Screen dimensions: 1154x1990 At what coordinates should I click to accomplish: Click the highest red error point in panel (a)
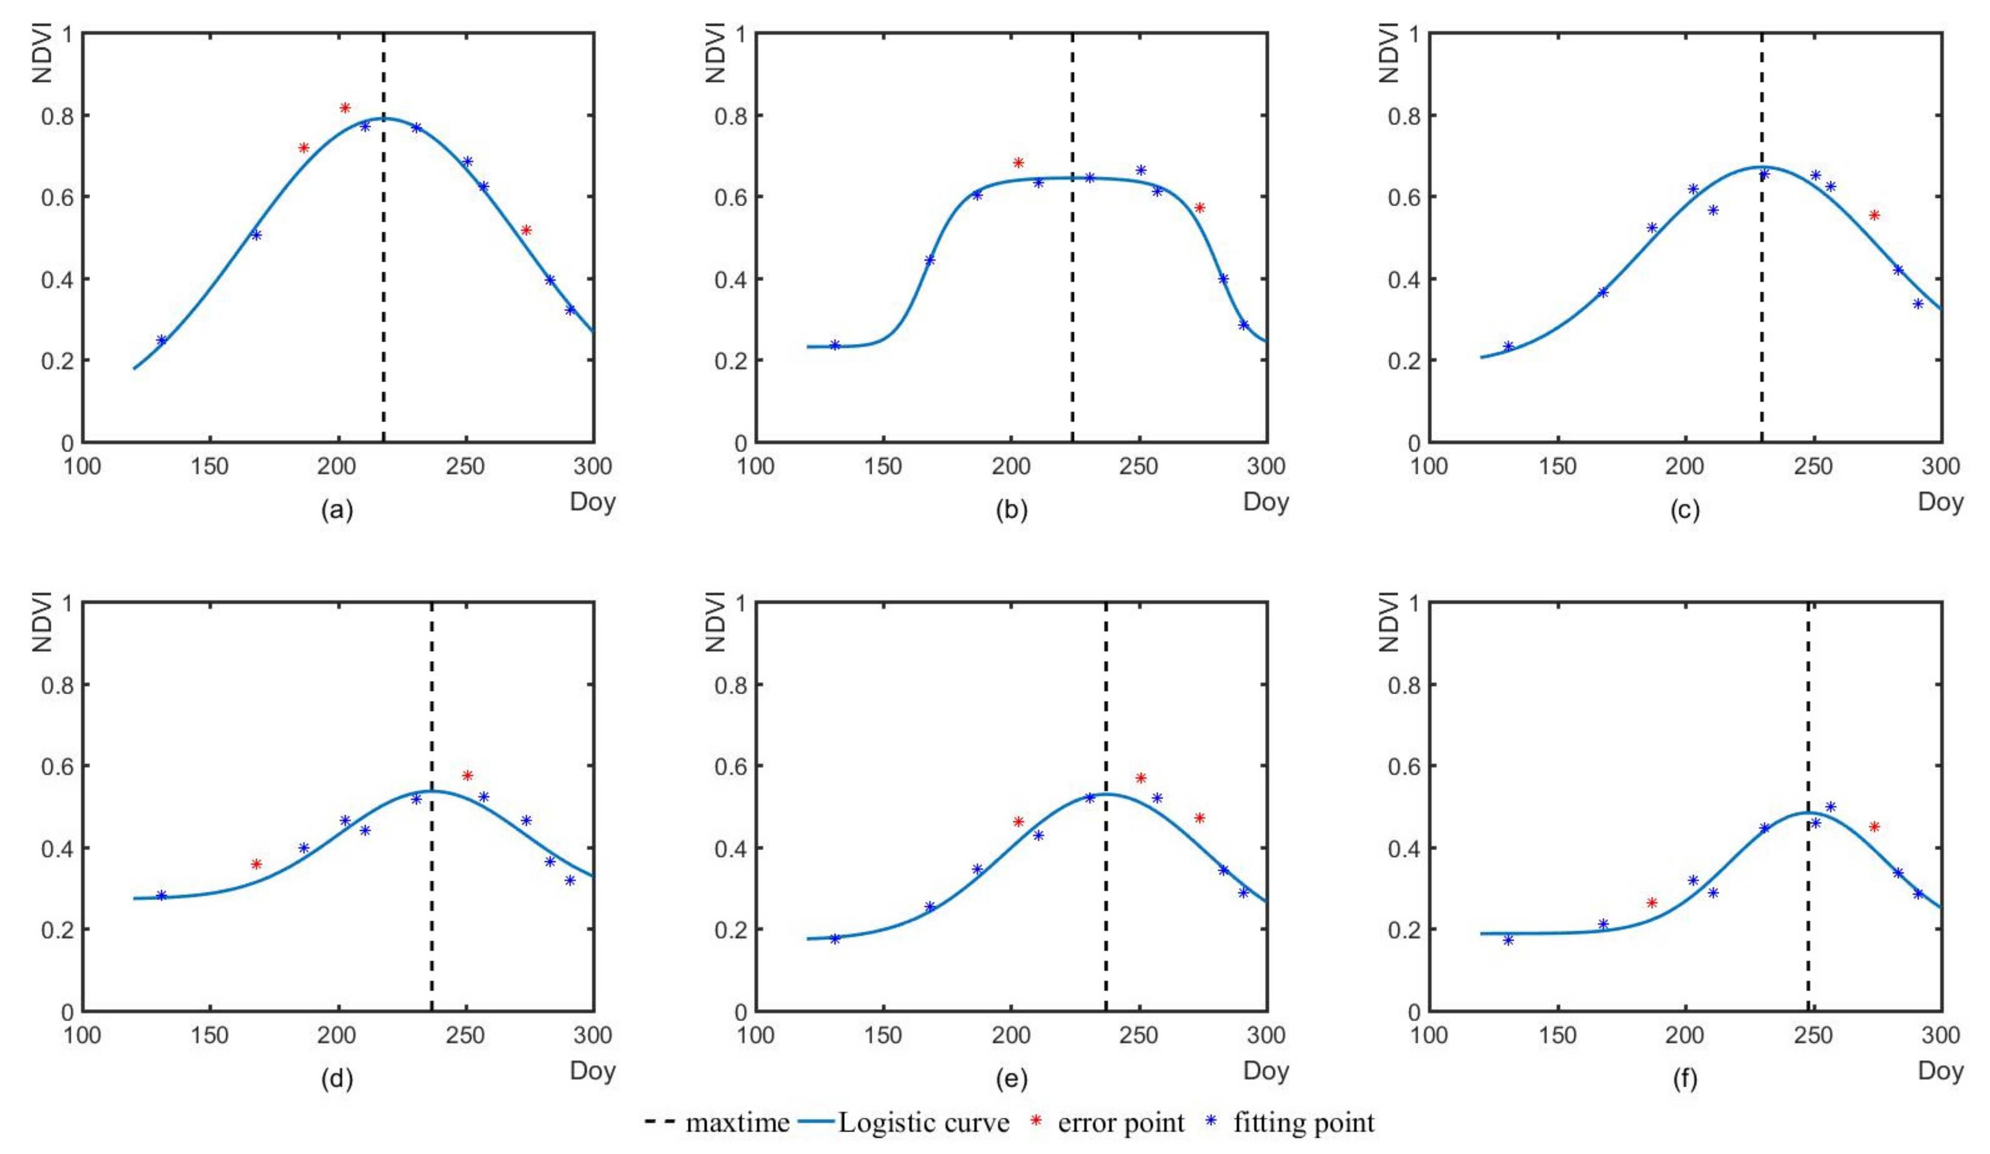(345, 107)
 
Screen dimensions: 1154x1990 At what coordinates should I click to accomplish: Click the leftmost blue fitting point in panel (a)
(162, 340)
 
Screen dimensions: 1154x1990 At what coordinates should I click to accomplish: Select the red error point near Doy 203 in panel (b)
(1019, 163)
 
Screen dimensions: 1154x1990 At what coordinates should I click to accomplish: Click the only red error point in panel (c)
(1875, 215)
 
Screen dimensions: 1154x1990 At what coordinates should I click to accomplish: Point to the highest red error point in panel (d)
(467, 775)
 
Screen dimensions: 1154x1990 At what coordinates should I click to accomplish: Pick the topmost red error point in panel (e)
(1141, 778)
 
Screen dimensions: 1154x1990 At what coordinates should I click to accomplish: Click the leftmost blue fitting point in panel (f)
(1508, 939)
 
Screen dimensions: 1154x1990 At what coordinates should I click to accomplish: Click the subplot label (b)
(1011, 510)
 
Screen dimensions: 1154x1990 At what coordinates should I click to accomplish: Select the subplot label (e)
(1011, 1079)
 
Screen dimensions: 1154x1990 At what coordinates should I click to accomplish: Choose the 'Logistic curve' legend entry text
(924, 1122)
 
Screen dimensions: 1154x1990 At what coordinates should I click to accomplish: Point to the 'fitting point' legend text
(1304, 1122)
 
